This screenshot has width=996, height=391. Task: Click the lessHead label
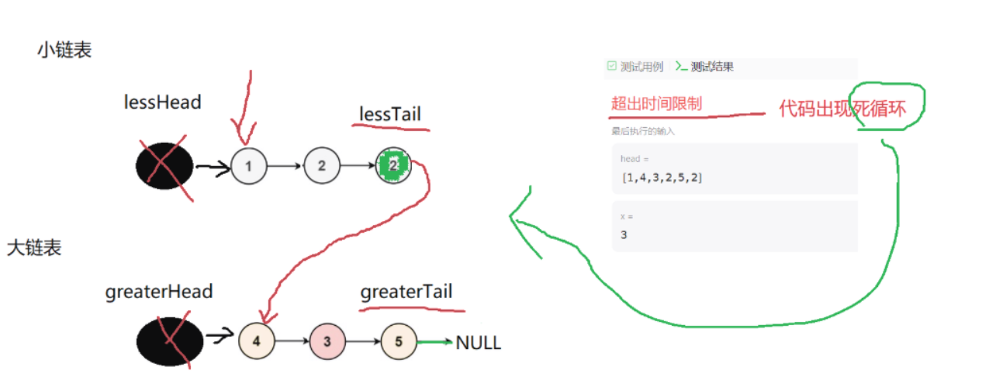click(x=162, y=102)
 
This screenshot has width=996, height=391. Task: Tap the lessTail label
click(x=389, y=115)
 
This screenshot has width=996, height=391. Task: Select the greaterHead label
click(x=159, y=292)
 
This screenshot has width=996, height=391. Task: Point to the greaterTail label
click(x=406, y=292)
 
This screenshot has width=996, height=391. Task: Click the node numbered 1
click(x=248, y=165)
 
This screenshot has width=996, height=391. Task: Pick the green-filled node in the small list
click(x=393, y=165)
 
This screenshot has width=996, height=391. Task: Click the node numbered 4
click(x=257, y=341)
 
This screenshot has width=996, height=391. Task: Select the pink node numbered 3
click(x=327, y=341)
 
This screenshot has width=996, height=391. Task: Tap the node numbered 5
click(x=399, y=341)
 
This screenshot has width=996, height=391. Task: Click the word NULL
click(x=479, y=342)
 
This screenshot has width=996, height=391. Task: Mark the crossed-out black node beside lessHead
click(x=164, y=165)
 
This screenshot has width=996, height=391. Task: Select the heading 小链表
click(x=64, y=50)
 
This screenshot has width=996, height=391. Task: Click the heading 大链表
click(x=34, y=248)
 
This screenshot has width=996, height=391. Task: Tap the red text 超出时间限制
click(x=656, y=103)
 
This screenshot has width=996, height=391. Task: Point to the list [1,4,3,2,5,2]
click(x=662, y=178)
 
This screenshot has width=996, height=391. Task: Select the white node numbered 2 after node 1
click(x=322, y=165)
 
